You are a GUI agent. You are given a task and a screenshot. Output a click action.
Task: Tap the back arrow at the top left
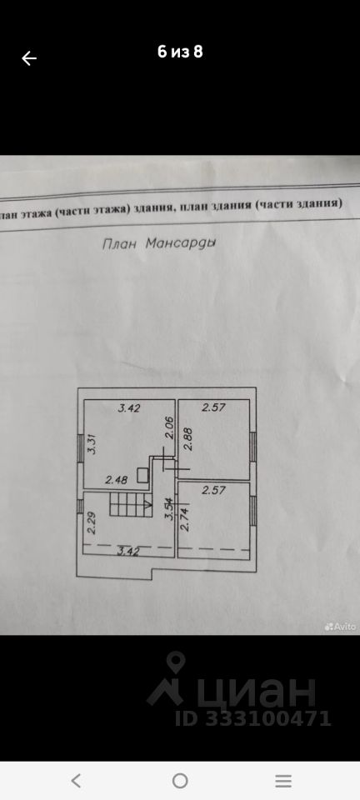click(x=29, y=58)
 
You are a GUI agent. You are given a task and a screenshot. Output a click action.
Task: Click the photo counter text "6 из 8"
click(x=180, y=52)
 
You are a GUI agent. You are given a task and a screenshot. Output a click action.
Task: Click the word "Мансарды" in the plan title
click(x=181, y=242)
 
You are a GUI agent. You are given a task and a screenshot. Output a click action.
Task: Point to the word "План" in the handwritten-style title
click(x=120, y=243)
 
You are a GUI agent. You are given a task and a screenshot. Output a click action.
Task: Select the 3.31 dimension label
click(x=92, y=444)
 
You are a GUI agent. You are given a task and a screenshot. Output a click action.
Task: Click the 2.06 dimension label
click(x=171, y=428)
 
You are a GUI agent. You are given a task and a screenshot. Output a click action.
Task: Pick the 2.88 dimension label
click(x=187, y=439)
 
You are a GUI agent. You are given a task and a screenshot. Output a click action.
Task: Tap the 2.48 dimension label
click(x=117, y=480)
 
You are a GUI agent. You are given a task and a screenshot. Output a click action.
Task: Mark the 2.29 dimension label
click(x=92, y=522)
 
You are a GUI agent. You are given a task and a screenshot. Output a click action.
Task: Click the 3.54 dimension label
click(x=169, y=510)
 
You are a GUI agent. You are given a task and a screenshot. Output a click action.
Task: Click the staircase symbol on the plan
click(x=132, y=504)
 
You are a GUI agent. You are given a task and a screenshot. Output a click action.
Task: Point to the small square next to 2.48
click(x=143, y=475)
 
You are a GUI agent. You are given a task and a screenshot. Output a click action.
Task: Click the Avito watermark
click(x=340, y=627)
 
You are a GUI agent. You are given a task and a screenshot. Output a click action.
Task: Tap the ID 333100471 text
click(x=253, y=718)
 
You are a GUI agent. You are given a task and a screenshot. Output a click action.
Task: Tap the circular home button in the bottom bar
click(x=180, y=781)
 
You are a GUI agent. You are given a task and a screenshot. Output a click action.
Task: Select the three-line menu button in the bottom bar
click(x=283, y=781)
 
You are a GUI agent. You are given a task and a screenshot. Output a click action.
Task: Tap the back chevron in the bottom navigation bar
click(x=76, y=781)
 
